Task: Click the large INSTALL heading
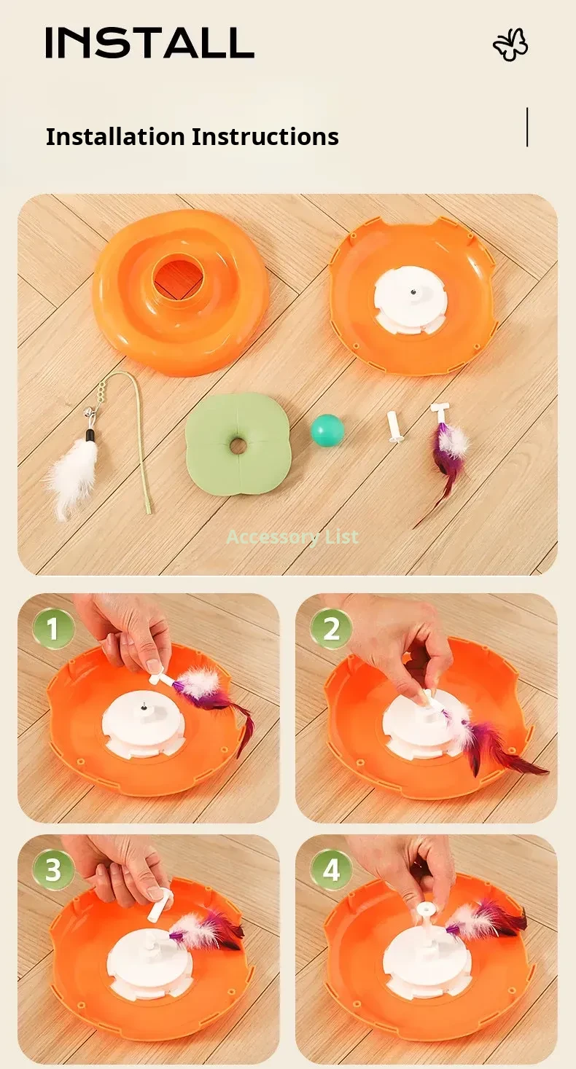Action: tap(149, 42)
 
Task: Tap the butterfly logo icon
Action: tap(510, 45)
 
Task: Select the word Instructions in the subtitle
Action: tap(265, 136)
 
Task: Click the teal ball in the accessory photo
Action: tap(327, 428)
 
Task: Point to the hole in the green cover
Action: tap(237, 446)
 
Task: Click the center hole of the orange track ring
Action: tap(179, 278)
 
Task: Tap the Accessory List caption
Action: tap(292, 537)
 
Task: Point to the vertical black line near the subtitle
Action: tap(527, 127)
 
